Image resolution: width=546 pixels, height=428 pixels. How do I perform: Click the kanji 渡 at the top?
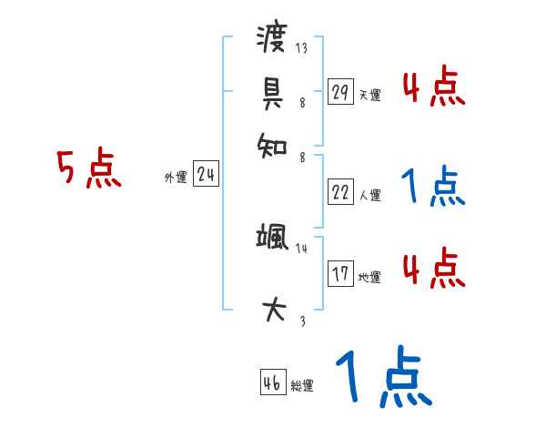pyautogui.click(x=273, y=40)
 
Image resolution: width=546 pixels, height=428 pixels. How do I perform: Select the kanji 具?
pyautogui.click(x=273, y=91)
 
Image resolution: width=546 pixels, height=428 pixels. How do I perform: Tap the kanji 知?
pyautogui.click(x=273, y=144)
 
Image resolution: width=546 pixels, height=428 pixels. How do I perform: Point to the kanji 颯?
pyautogui.click(x=273, y=239)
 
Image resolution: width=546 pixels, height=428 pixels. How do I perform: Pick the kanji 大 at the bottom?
pyautogui.click(x=273, y=310)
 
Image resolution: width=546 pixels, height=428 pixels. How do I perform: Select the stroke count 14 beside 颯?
pyautogui.click(x=302, y=248)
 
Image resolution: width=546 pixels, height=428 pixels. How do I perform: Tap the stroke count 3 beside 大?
pyautogui.click(x=302, y=321)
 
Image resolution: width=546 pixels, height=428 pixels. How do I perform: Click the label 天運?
pyautogui.click(x=369, y=95)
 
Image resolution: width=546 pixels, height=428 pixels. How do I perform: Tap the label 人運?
pyautogui.click(x=369, y=195)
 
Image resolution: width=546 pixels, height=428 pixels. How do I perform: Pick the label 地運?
pyautogui.click(x=369, y=277)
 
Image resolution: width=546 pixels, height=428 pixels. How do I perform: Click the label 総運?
pyautogui.click(x=302, y=386)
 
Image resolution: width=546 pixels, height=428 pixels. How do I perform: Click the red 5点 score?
pyautogui.click(x=89, y=169)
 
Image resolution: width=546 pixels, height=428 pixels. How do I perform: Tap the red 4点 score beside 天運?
pyautogui.click(x=433, y=89)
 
